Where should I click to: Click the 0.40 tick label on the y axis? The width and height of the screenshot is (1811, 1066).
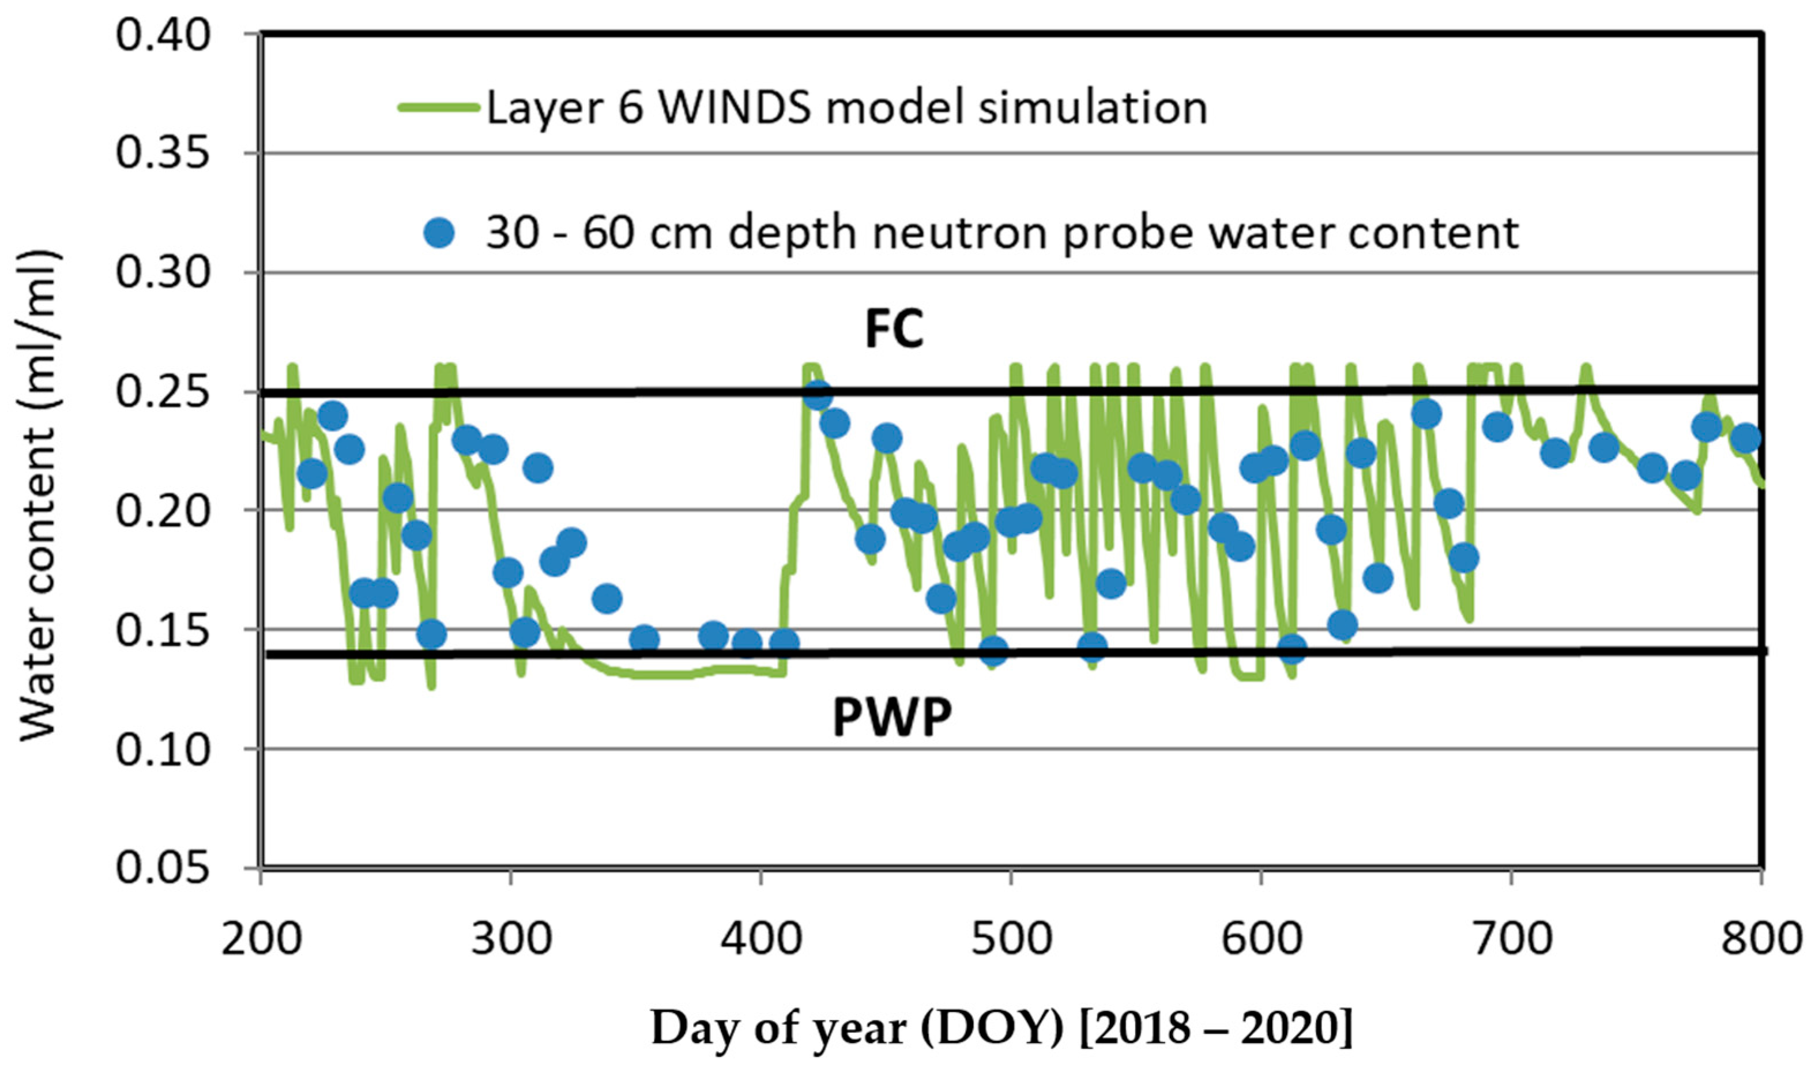163,36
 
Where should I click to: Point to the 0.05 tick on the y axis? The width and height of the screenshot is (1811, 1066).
163,868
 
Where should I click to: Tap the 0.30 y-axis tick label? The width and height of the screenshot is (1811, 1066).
163,273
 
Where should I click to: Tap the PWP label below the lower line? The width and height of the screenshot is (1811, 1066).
892,717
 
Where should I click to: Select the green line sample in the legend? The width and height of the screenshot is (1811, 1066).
438,108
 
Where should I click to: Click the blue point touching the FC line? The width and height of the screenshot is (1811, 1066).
818,395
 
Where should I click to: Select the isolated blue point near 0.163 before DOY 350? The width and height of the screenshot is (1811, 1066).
607,598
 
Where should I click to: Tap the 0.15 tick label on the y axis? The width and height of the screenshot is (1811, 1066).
163,629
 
